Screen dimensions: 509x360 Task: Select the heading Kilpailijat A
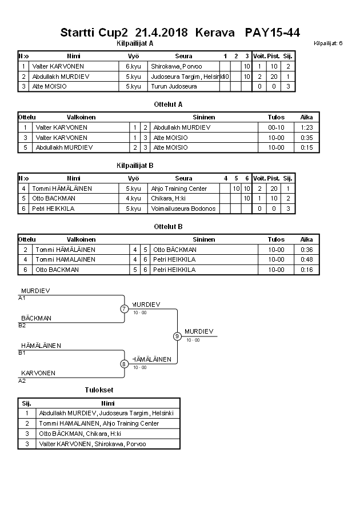pyautogui.click(x=135, y=43)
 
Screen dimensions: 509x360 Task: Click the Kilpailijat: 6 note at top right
pyautogui.click(x=328, y=43)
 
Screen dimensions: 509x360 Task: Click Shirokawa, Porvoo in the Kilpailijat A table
pyautogui.click(x=177, y=66)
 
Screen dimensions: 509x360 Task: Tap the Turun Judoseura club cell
pyautogui.click(x=174, y=86)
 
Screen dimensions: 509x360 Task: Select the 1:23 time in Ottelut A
pyautogui.click(x=306, y=127)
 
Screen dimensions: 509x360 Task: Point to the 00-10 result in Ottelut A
pyautogui.click(x=276, y=127)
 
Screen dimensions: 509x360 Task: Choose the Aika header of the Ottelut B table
pyautogui.click(x=306, y=240)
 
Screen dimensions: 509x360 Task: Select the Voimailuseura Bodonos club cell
pyautogui.click(x=183, y=209)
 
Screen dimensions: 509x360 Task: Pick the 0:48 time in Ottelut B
pyautogui.click(x=306, y=259)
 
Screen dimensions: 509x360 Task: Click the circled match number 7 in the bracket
pyautogui.click(x=124, y=309)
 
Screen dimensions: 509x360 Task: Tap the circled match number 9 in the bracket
pyautogui.click(x=177, y=336)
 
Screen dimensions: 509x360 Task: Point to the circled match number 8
pyautogui.click(x=124, y=364)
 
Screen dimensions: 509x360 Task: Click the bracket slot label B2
pyautogui.click(x=22, y=326)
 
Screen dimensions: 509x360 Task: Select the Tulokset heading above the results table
pyautogui.click(x=99, y=390)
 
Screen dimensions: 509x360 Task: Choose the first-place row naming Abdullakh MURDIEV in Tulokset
pyautogui.click(x=106, y=413)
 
